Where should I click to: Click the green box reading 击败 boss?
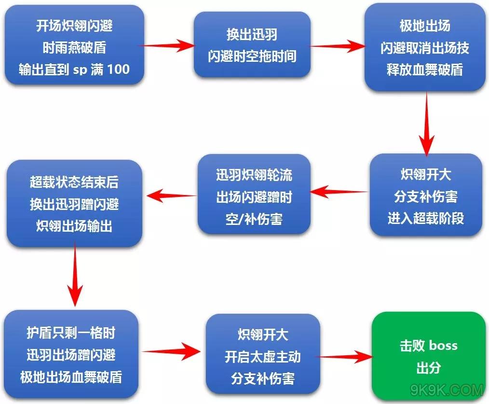(428, 356)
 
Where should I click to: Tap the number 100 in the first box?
(118, 69)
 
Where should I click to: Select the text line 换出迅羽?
(252, 35)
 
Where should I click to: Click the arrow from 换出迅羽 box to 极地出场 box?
(337, 46)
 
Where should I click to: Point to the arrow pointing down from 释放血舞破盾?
(427, 123)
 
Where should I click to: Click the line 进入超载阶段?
(425, 218)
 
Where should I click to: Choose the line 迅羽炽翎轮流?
(254, 175)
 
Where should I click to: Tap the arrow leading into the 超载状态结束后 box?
(172, 195)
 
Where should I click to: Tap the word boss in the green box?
(443, 346)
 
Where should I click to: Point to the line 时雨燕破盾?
(74, 47)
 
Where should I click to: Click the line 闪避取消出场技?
(424, 47)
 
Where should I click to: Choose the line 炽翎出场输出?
(74, 226)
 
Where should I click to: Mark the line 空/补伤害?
(254, 219)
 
